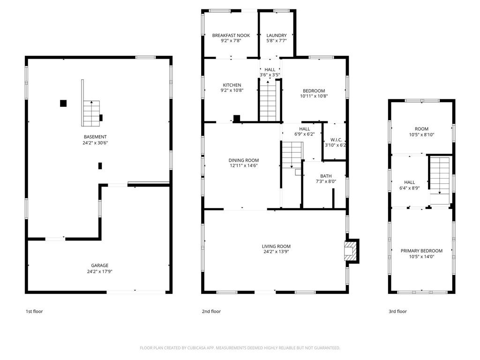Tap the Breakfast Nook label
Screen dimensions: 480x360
[231, 36]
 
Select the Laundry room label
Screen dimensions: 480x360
[277, 36]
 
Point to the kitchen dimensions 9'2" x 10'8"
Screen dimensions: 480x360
[232, 90]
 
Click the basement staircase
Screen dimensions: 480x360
[91, 113]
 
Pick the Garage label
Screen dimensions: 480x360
[99, 265]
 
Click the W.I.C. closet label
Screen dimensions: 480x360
[336, 140]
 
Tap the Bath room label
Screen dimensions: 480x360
[326, 176]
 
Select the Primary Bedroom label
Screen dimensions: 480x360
[421, 251]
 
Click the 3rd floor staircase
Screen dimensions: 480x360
[440, 180]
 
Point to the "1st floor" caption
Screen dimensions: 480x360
[34, 311]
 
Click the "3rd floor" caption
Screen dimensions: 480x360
[397, 311]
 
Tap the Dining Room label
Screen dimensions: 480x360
[244, 160]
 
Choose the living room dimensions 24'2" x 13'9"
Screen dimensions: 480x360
[276, 252]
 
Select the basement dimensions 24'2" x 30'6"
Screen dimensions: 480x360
[95, 142]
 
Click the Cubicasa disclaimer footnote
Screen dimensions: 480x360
[240, 348]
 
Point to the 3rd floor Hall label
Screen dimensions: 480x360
[409, 182]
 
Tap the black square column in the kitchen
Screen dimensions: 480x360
[237, 119]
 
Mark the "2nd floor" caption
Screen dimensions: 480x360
[211, 311]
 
